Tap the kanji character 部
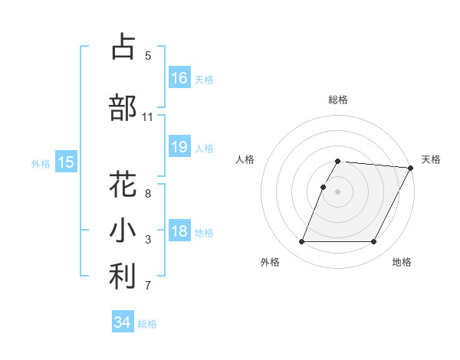pyautogui.click(x=123, y=107)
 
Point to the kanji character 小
pyautogui.click(x=123, y=231)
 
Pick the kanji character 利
pyautogui.click(x=123, y=277)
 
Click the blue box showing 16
pyautogui.click(x=179, y=78)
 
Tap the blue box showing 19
pyautogui.click(x=179, y=147)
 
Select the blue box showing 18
pyautogui.click(x=179, y=231)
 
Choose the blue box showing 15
pyautogui.click(x=65, y=162)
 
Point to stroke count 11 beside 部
pyautogui.click(x=148, y=117)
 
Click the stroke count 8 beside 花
pyautogui.click(x=148, y=194)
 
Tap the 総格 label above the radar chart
pyautogui.click(x=338, y=100)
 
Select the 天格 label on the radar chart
pyautogui.click(x=431, y=159)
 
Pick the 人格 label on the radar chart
pyautogui.click(x=245, y=159)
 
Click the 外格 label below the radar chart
pyautogui.click(x=270, y=262)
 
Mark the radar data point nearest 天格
pyautogui.click(x=410, y=168)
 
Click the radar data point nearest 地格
pyautogui.click(x=374, y=242)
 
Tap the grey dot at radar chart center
pyautogui.click(x=338, y=191)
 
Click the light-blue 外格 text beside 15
pyautogui.click(x=41, y=163)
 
